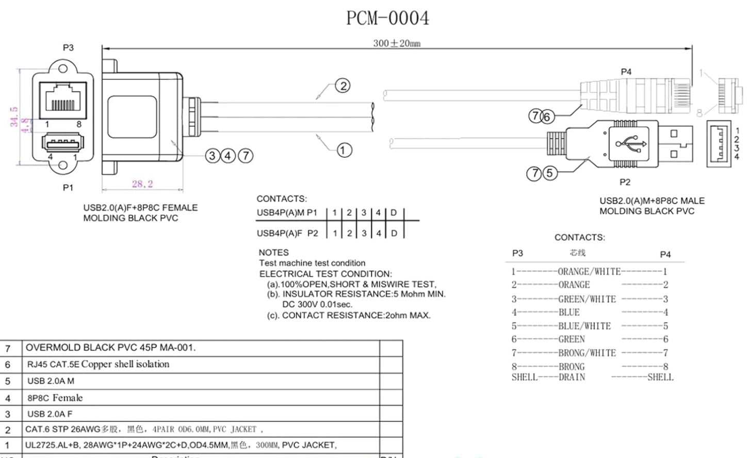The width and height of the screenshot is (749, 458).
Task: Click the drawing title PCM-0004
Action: [x=387, y=19]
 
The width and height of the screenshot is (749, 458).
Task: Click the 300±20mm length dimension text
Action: [x=397, y=43]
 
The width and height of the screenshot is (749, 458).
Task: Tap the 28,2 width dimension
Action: [x=142, y=184]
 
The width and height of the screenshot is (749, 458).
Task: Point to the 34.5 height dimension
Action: [x=14, y=117]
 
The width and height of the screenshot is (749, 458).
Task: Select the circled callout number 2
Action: [x=343, y=86]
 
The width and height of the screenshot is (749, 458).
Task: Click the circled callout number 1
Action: [x=344, y=150]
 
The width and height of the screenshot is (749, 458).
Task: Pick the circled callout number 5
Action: [x=549, y=173]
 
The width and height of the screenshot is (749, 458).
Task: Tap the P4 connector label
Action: [x=626, y=72]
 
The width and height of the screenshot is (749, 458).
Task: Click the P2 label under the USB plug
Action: [x=625, y=182]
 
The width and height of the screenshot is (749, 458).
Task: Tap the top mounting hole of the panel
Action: [x=63, y=69]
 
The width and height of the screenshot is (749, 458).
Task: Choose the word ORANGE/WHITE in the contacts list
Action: [x=589, y=271]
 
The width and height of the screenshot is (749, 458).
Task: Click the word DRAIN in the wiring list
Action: [x=572, y=377]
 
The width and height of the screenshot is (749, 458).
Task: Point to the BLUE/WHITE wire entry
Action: [x=584, y=326]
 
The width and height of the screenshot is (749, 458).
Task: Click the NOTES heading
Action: [x=273, y=252]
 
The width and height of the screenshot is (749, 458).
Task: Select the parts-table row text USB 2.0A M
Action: [x=51, y=381]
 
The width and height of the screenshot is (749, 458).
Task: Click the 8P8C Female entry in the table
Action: [x=55, y=398]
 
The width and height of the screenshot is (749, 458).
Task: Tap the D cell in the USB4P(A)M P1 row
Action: [x=394, y=212]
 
